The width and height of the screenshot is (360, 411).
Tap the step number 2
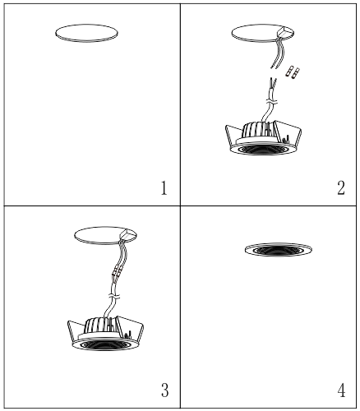point(340,188)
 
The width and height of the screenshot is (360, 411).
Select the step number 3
point(164,387)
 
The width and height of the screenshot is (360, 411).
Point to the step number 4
point(340,387)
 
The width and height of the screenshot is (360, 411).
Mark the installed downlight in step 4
point(279,249)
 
